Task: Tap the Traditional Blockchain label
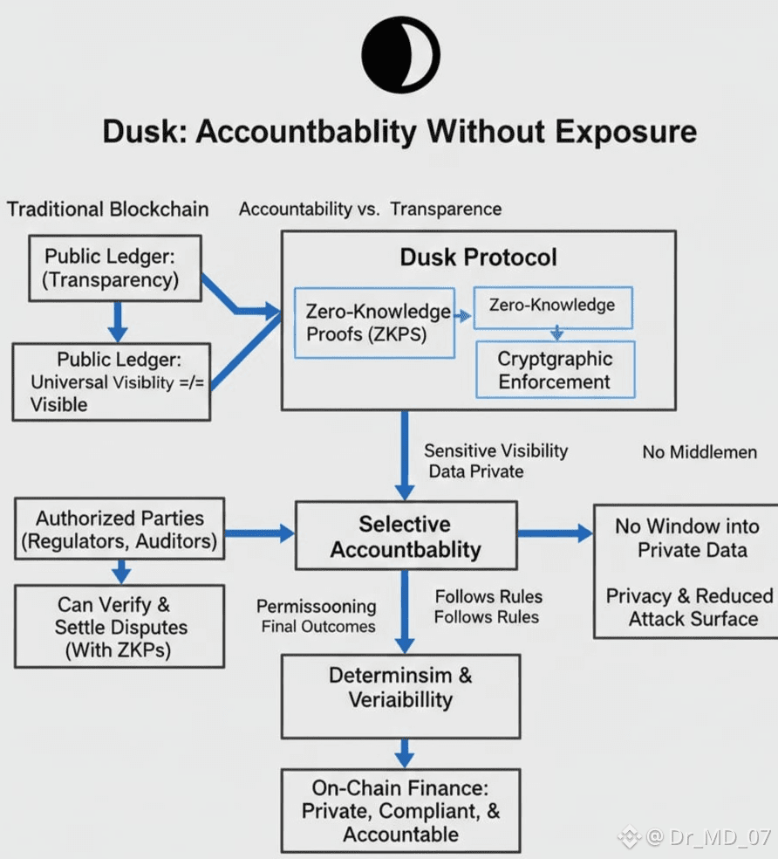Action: pos(108,210)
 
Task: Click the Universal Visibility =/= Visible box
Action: pos(112,381)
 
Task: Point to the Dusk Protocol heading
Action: pos(478,258)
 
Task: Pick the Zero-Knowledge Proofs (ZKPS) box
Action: pos(375,322)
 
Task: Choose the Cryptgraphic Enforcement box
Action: pos(555,370)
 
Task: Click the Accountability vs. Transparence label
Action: pos(371,210)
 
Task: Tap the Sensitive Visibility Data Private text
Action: pos(495,461)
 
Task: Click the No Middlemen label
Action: pos(699,452)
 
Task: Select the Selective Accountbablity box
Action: pos(406,537)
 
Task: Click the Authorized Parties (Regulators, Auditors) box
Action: pos(119,530)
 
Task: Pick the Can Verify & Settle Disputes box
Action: pos(120,626)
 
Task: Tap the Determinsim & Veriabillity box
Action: pos(400,687)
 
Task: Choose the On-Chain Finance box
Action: pos(400,811)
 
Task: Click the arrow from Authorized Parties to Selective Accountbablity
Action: pos(258,530)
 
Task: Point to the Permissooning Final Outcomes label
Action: pos(317,616)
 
